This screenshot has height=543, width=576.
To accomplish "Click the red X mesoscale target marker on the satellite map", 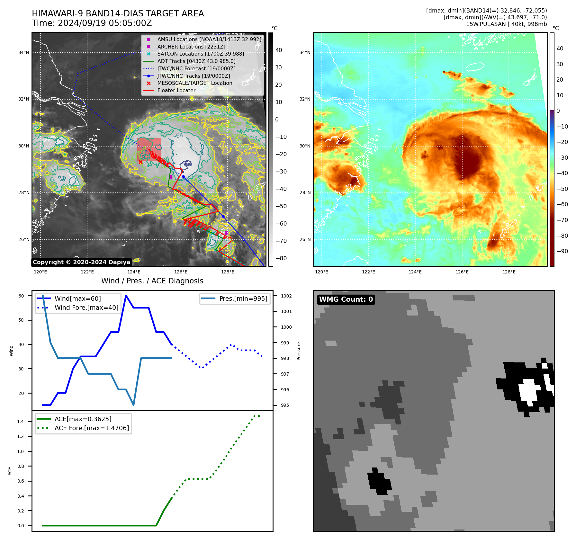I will (x=140, y=162).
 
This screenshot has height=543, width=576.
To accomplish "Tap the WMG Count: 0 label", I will (x=346, y=299).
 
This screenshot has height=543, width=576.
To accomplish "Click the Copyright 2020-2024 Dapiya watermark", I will (x=81, y=262).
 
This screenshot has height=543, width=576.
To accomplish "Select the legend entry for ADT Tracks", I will (x=196, y=61).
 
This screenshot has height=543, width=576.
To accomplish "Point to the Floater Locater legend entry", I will (x=176, y=91).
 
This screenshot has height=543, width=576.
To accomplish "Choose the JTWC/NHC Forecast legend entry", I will (x=196, y=68).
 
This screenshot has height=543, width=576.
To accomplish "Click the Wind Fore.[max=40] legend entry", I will (x=86, y=307).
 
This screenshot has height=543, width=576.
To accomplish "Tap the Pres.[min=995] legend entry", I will (x=243, y=298).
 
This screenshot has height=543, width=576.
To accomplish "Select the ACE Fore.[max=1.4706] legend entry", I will (x=92, y=428).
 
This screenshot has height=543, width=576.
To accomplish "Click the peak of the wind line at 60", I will (x=126, y=296).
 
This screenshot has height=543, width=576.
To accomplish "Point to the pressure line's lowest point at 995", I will (x=133, y=405).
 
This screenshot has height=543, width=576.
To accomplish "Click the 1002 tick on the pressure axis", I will (x=286, y=296).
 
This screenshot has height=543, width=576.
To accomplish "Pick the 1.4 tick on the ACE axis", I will (x=21, y=422).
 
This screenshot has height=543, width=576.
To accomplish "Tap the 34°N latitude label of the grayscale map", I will (x=24, y=52).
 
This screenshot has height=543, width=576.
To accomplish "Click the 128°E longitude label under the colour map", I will (x=509, y=272).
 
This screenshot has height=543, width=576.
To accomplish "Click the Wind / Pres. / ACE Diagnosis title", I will (x=152, y=281).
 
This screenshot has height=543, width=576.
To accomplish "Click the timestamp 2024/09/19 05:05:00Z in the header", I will (x=105, y=23).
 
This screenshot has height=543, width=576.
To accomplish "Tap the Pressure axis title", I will (x=299, y=351).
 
